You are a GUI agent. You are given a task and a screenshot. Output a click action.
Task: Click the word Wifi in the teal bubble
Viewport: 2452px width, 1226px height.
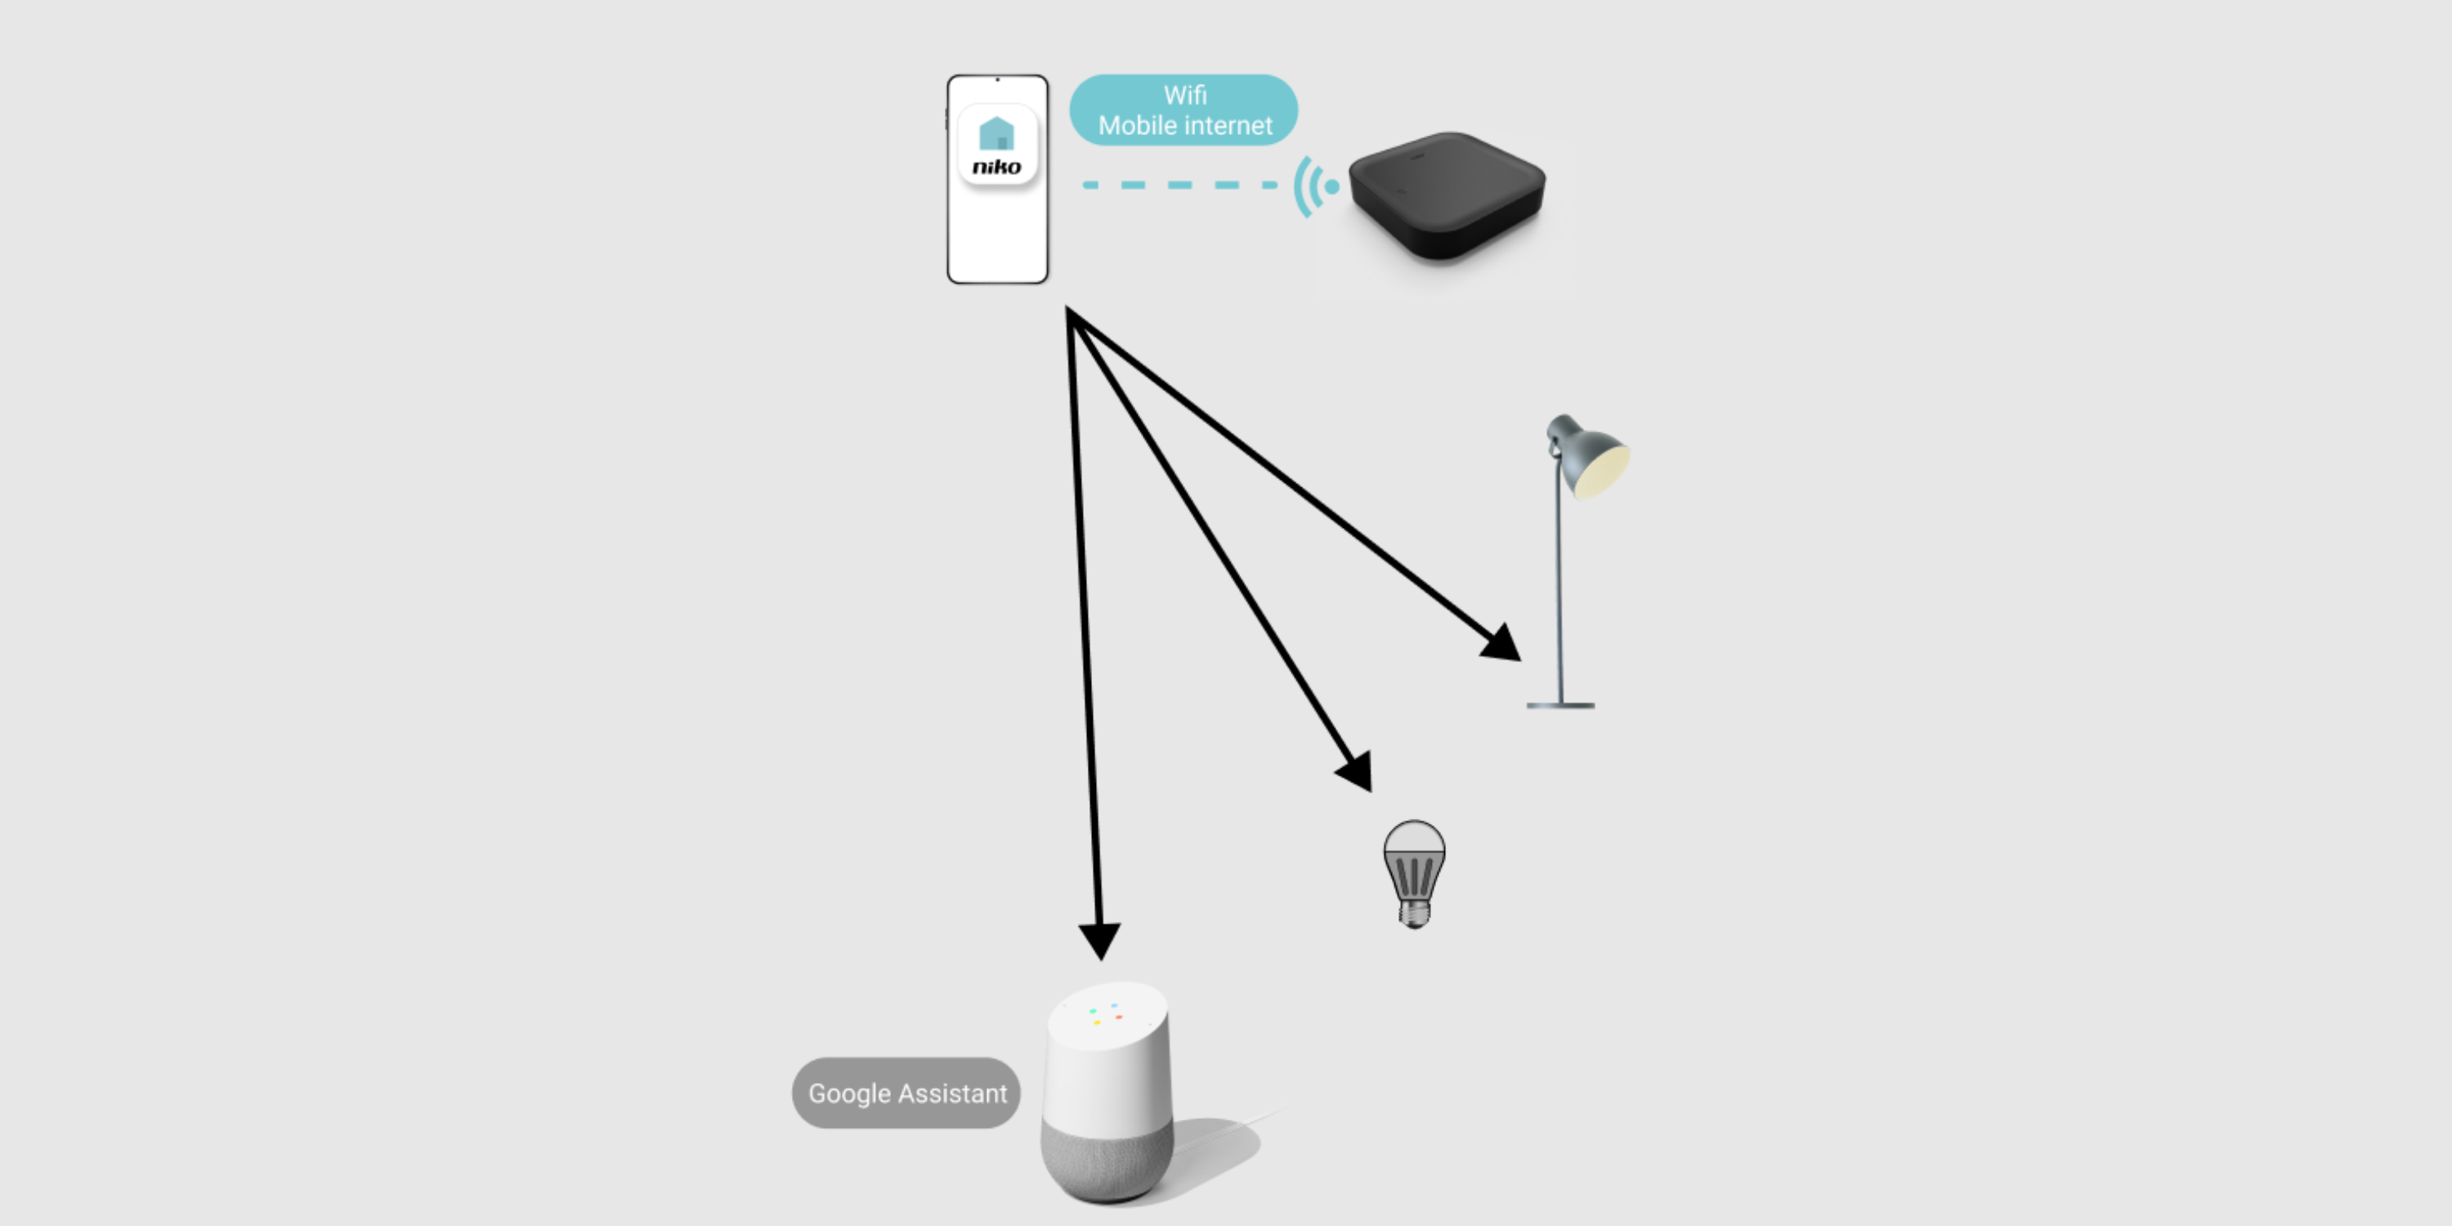1185,95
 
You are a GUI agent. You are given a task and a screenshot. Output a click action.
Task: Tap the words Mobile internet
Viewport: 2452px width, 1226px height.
1185,126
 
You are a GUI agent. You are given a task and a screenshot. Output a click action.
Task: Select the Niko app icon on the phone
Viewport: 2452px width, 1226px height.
996,145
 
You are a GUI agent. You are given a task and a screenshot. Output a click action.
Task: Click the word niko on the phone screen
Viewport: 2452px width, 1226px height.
996,168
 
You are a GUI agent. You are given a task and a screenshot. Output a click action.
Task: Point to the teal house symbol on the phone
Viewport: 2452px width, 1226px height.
996,133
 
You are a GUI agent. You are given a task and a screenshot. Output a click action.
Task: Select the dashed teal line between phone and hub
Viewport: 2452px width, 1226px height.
1180,185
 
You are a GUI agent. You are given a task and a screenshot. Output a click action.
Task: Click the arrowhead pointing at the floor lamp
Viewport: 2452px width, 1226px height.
1502,643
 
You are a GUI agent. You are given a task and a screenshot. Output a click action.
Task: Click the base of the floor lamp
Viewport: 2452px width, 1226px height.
1560,705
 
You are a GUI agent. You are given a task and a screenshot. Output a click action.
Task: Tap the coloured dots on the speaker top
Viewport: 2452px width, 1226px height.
1106,1013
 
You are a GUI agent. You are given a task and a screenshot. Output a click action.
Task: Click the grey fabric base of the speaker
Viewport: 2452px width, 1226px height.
1107,1161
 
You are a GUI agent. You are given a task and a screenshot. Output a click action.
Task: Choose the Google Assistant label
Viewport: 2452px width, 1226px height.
906,1093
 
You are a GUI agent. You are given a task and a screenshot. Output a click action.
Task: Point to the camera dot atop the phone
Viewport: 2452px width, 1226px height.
997,80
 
